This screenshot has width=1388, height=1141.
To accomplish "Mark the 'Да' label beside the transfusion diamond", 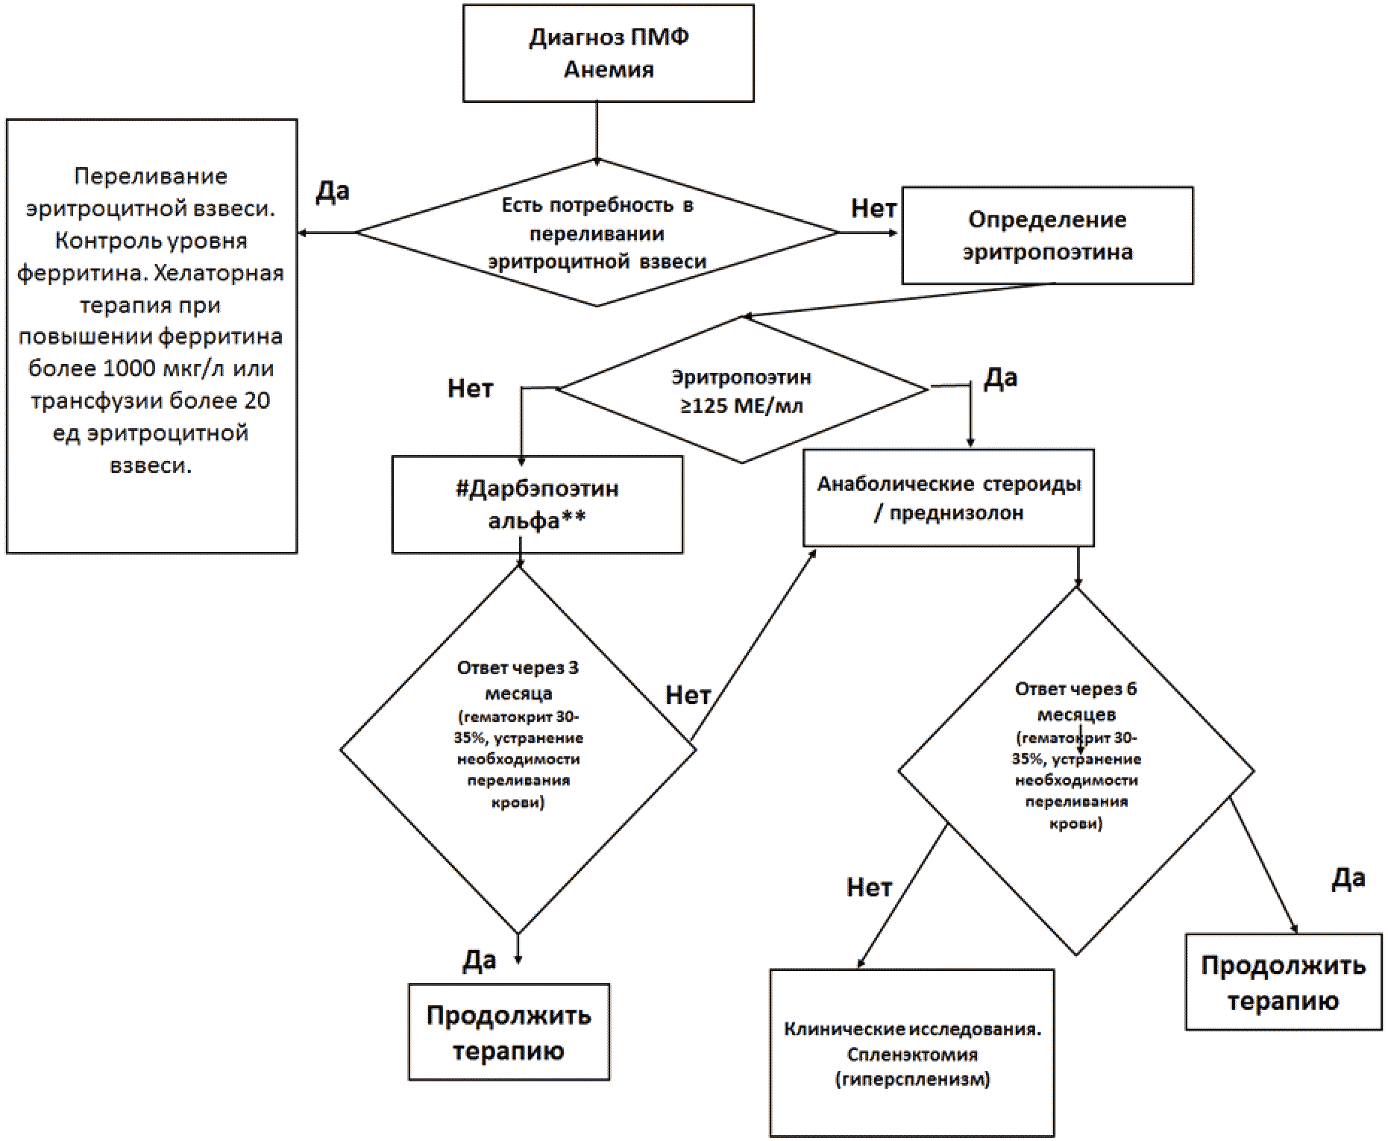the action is click(333, 192).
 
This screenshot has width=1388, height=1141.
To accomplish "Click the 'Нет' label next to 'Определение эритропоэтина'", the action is click(873, 208).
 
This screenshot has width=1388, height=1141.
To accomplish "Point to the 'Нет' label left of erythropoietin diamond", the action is click(470, 388).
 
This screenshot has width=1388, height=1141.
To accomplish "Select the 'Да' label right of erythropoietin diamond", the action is click(1000, 378).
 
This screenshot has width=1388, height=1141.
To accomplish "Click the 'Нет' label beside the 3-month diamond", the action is click(688, 695).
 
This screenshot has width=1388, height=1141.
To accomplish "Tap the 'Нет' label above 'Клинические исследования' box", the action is click(869, 887).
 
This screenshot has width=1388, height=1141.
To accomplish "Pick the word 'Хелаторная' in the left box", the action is click(219, 273).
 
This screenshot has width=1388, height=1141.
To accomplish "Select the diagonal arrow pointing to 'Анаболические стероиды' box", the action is click(753, 646).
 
